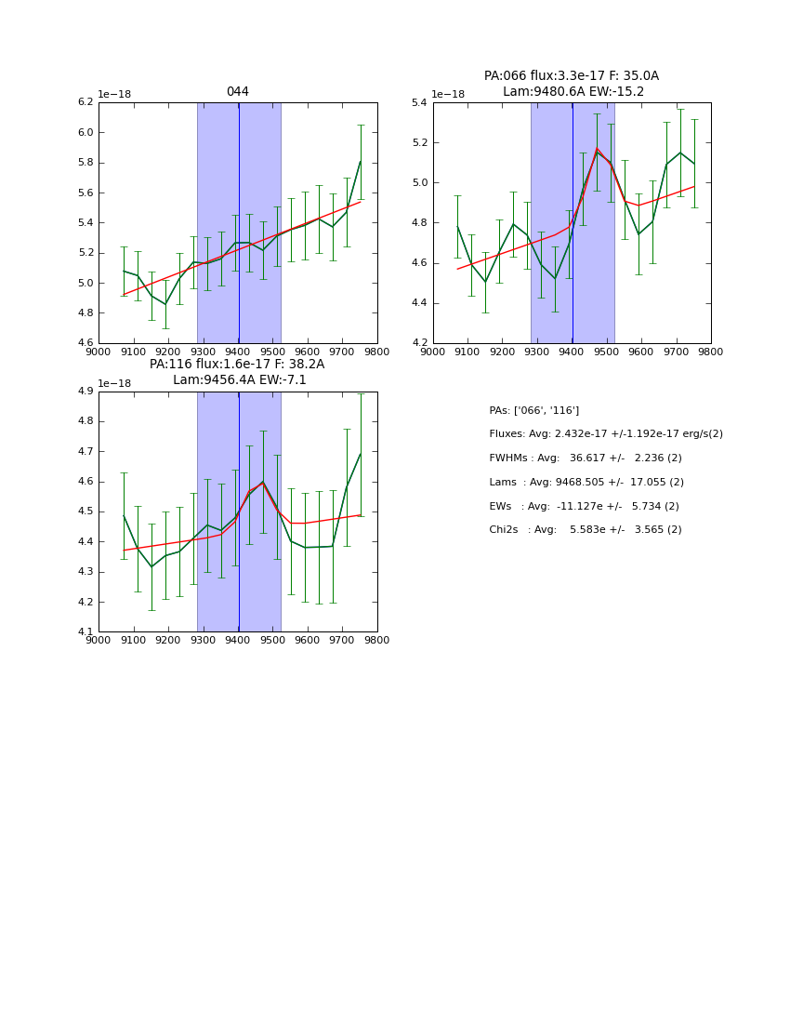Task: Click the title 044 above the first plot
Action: pyautogui.click(x=237, y=92)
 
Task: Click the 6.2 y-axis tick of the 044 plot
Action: pyautogui.click(x=85, y=102)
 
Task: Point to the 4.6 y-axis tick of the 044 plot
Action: pyautogui.click(x=85, y=343)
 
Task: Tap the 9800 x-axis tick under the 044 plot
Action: pyautogui.click(x=376, y=352)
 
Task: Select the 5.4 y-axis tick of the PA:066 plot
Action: pyautogui.click(x=419, y=102)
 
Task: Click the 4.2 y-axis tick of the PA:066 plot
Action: pyautogui.click(x=419, y=343)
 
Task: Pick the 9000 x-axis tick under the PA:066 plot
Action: pyautogui.click(x=432, y=352)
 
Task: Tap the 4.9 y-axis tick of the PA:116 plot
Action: pyautogui.click(x=85, y=392)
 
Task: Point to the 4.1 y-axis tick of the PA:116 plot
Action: pyautogui.click(x=85, y=632)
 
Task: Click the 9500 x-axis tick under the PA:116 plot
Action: pyautogui.click(x=272, y=642)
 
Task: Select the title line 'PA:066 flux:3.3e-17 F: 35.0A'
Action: pyautogui.click(x=572, y=76)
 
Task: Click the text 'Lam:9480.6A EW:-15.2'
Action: pyautogui.click(x=573, y=92)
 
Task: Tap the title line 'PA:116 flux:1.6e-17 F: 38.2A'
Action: pyautogui.click(x=237, y=365)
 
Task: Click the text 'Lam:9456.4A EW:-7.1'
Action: pyautogui.click(x=240, y=380)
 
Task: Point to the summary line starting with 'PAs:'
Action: pyautogui.click(x=534, y=410)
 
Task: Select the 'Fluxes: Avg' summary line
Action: pyautogui.click(x=606, y=434)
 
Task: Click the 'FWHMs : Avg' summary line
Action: pyautogui.click(x=586, y=458)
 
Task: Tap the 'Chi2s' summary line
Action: pyautogui.click(x=586, y=530)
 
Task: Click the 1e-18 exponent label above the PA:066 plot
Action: pyautogui.click(x=448, y=94)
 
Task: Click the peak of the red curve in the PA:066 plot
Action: pyautogui.click(x=597, y=149)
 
